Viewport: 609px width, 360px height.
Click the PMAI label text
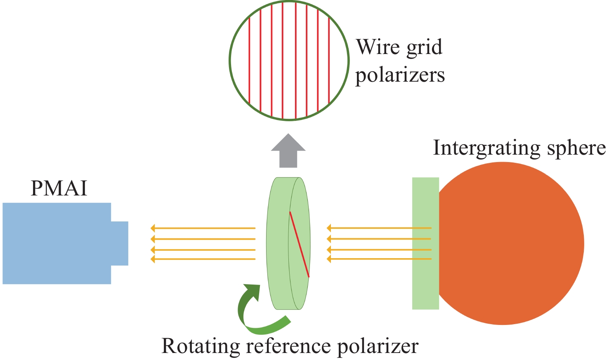59,188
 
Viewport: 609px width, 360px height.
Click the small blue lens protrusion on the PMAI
120,243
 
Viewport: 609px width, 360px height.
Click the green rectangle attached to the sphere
425,243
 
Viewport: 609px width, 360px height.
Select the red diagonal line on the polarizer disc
300,244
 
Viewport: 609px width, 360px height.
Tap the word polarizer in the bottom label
378,346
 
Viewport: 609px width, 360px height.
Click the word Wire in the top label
379,47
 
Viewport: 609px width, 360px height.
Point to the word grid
425,48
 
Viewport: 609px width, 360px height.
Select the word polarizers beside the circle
400,75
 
